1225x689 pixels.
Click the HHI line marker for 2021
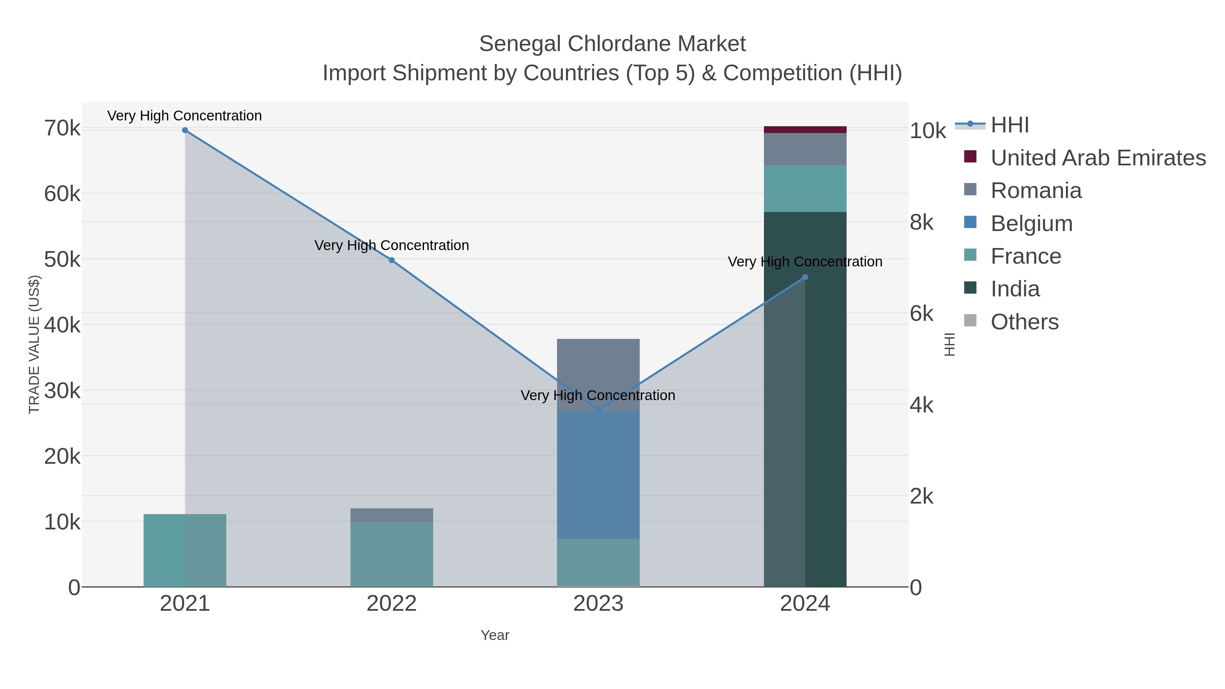point(185,130)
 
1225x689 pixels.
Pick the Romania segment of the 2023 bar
point(598,374)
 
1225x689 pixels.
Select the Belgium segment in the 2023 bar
point(598,475)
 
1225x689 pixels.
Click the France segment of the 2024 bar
point(805,188)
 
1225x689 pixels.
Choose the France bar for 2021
point(185,550)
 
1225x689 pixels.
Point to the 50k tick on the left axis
point(62,260)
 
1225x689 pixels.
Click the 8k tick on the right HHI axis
point(921,223)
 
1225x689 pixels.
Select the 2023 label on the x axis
point(598,603)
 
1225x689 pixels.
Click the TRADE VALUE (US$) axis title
point(34,344)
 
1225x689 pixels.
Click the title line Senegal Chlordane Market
point(612,44)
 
